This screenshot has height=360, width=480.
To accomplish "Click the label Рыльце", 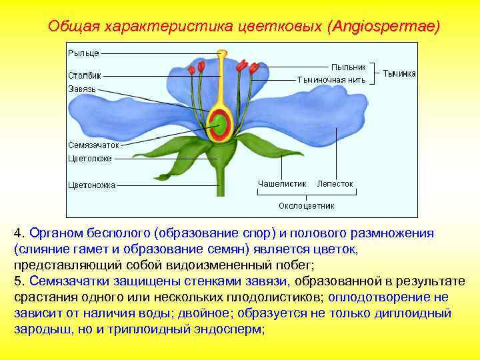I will (83, 52).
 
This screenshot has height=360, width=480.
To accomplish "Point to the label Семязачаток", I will (93, 144).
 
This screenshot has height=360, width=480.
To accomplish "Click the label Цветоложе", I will (90, 159).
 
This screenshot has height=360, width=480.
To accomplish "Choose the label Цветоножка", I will (91, 185).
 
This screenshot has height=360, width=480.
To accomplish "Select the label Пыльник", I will (349, 67).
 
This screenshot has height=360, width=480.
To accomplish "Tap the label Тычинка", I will (399, 73).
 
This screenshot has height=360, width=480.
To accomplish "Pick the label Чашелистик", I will (281, 183).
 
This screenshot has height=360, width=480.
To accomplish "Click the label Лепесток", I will (335, 183).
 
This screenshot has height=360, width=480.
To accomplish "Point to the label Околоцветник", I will (306, 205).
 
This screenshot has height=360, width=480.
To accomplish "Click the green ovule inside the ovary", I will (218, 122).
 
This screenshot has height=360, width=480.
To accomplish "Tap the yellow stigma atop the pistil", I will (222, 53).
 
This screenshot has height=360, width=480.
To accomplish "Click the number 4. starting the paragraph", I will (19, 233).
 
